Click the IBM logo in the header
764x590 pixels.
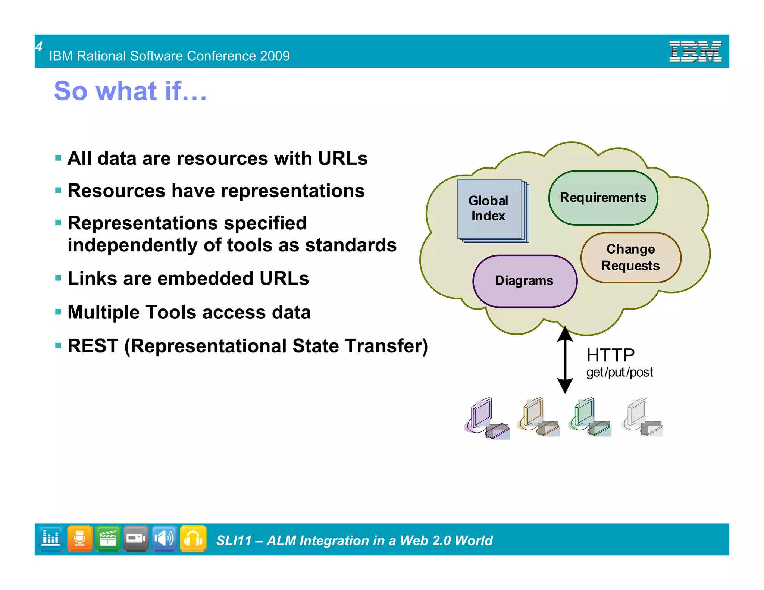(695, 51)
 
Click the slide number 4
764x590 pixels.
(39, 47)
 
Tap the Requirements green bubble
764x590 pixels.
(603, 198)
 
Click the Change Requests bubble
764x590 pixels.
(630, 257)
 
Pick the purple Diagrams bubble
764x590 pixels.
(524, 281)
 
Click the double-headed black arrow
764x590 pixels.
(565, 360)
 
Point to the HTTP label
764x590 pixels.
(610, 355)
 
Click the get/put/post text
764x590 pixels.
(619, 372)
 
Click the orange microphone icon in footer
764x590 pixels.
(79, 539)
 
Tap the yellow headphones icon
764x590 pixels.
(193, 539)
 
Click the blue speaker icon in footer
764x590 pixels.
(164, 539)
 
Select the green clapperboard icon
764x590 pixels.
(108, 539)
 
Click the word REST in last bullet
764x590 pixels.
(93, 346)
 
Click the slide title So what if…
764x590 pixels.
(130, 91)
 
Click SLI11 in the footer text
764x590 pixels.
(234, 540)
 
